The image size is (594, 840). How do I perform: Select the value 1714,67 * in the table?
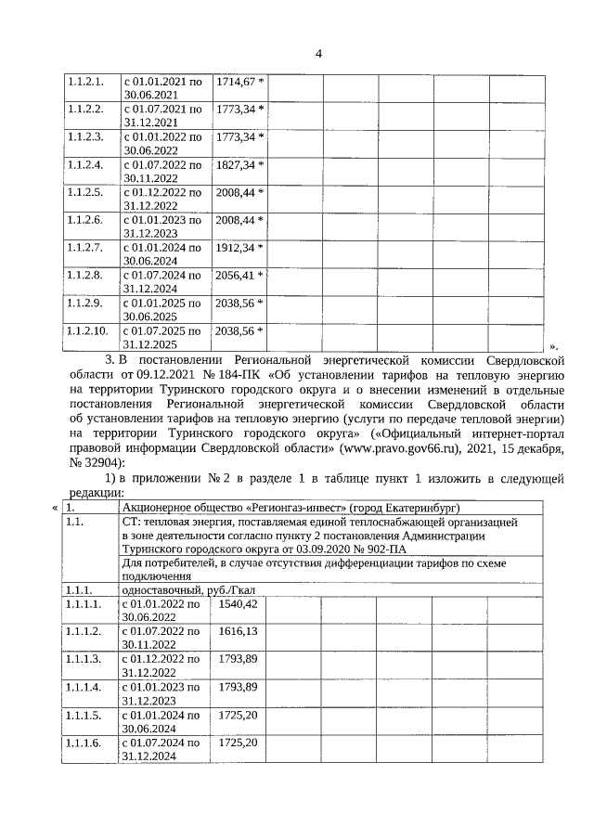pyautogui.click(x=239, y=82)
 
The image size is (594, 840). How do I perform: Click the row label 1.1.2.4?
pyautogui.click(x=84, y=165)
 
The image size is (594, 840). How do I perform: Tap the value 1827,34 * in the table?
pyautogui.click(x=239, y=165)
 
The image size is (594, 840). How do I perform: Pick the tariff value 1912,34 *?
pyautogui.click(x=239, y=248)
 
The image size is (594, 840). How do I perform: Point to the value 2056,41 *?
pyautogui.click(x=239, y=276)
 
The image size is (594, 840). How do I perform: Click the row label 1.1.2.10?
pyautogui.click(x=86, y=330)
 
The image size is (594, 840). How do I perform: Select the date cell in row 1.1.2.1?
pyautogui.click(x=162, y=88)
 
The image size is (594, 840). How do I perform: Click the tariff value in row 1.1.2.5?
pyautogui.click(x=239, y=193)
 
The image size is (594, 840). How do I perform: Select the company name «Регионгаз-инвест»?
pyautogui.click(x=292, y=508)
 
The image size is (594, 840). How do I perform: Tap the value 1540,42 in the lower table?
pyautogui.click(x=237, y=603)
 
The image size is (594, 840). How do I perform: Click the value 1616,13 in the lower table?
pyautogui.click(x=237, y=631)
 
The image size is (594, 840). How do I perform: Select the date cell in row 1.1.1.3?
pyautogui.click(x=162, y=666)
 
